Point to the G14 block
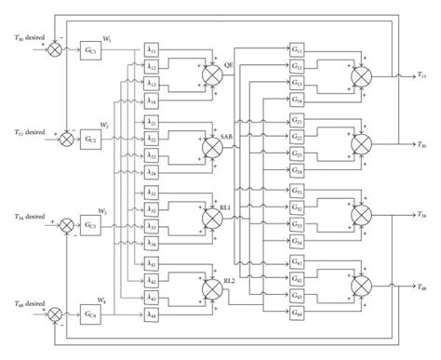point(296,98)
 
